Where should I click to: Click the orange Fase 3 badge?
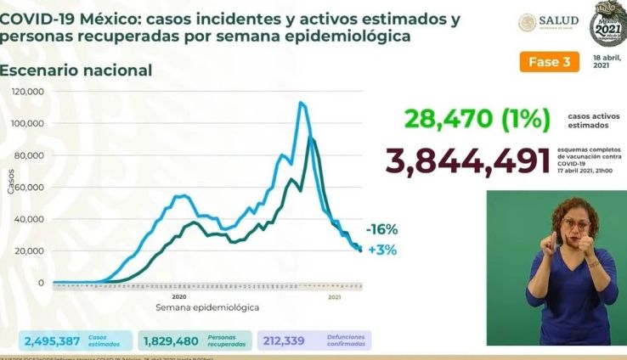[549, 62]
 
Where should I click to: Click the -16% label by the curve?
[381, 229]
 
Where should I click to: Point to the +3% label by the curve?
[382, 250]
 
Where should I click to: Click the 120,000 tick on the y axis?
[28, 92]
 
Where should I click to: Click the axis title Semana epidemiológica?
[207, 307]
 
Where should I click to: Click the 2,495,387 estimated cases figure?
[53, 341]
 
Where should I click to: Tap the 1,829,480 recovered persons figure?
[171, 341]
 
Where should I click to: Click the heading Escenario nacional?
[76, 70]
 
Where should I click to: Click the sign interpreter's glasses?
[577, 223]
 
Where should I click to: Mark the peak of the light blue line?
[301, 103]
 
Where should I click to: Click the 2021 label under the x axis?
[335, 296]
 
